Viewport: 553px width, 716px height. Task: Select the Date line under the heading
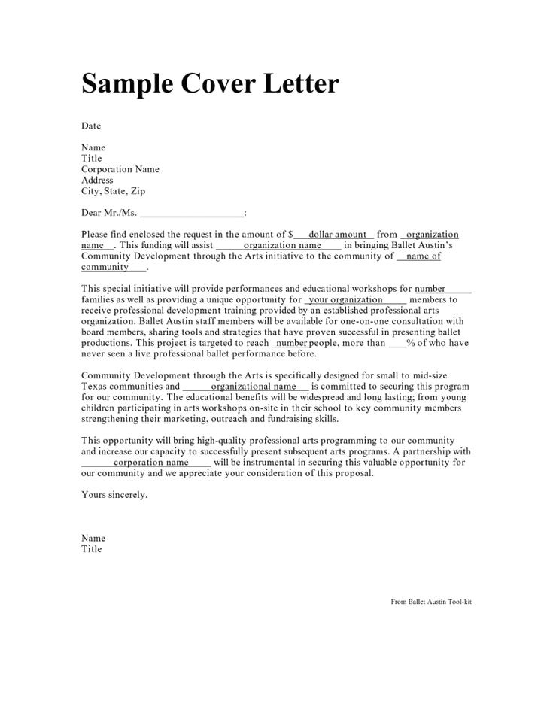point(91,126)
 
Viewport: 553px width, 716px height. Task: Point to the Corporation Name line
point(120,169)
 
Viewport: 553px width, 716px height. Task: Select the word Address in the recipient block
point(97,181)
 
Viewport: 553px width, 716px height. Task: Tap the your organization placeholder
point(346,299)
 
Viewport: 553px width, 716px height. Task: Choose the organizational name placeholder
point(254,387)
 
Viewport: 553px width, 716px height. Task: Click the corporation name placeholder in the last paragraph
point(150,463)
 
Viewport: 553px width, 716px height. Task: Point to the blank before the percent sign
point(397,343)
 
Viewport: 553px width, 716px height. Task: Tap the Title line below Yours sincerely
point(91,549)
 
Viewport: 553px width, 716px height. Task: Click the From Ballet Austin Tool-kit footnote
point(431,602)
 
